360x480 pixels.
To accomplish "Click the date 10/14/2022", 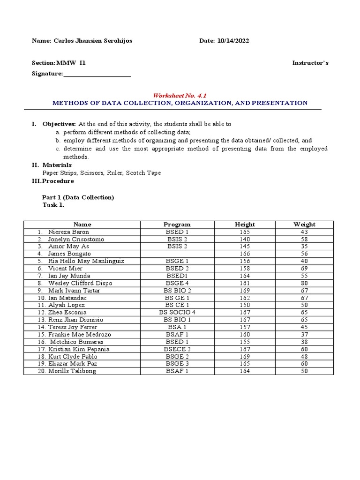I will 233,41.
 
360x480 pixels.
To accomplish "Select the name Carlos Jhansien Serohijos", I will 92,41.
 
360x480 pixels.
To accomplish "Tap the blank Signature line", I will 97,74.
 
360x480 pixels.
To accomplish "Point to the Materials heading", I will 57,165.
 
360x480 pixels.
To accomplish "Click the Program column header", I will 177,225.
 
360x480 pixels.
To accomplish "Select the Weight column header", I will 304,225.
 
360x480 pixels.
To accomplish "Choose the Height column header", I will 245,225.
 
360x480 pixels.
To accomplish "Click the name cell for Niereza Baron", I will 68,232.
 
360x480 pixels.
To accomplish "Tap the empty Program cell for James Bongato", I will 177,254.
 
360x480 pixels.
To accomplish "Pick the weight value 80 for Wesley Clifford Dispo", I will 304,283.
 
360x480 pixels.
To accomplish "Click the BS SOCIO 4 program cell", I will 177,312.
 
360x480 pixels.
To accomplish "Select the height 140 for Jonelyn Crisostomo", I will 245,239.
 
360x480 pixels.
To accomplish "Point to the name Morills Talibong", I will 72,371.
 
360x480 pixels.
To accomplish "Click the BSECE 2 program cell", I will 177,349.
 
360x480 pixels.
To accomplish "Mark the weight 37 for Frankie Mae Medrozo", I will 304,334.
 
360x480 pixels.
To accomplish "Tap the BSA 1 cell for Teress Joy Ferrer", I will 177,327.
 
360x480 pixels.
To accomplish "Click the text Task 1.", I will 53,205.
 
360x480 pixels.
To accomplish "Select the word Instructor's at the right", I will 310,63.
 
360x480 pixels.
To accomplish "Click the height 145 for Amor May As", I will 245,247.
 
